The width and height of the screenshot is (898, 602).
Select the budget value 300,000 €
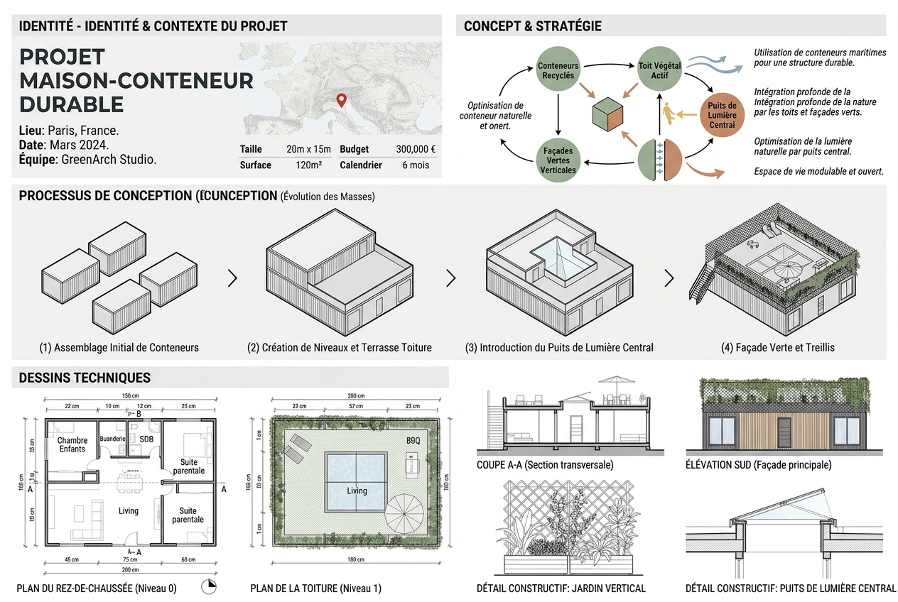[416, 150]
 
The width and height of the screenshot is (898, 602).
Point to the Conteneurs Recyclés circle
[558, 70]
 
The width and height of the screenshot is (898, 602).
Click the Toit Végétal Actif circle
[660, 70]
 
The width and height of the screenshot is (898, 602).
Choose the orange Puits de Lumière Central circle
[723, 115]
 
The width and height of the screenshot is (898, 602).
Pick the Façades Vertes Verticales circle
[558, 160]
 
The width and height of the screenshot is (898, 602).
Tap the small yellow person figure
[667, 113]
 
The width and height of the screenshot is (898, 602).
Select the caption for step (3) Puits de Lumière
[559, 348]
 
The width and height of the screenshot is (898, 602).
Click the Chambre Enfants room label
[72, 444]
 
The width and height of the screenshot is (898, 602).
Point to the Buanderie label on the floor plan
[112, 439]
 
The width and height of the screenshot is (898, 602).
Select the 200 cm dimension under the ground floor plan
[130, 570]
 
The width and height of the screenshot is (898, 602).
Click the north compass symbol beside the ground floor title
[208, 586]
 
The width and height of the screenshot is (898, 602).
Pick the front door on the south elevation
[784, 432]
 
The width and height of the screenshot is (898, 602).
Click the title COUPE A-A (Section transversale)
[545, 465]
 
